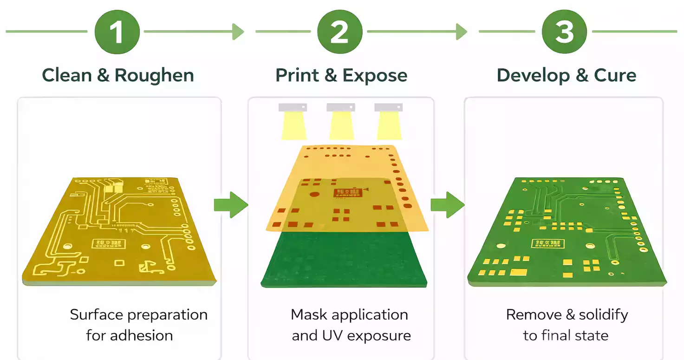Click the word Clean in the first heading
[x=66, y=75]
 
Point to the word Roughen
[x=154, y=75]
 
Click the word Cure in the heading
[x=615, y=75]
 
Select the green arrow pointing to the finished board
[x=447, y=204]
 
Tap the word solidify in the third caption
[x=603, y=315]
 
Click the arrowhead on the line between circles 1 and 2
[x=238, y=32]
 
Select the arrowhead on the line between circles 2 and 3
[x=462, y=32]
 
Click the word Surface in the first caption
[x=96, y=315]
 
